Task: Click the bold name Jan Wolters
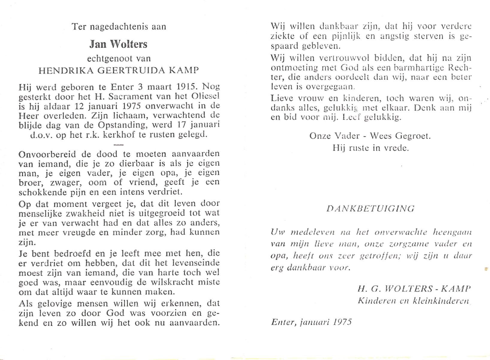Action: point(118,44)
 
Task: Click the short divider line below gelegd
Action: point(119,144)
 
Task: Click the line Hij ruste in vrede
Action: point(370,148)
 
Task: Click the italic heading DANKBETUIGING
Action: point(370,208)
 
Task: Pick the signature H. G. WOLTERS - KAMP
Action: point(414,289)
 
